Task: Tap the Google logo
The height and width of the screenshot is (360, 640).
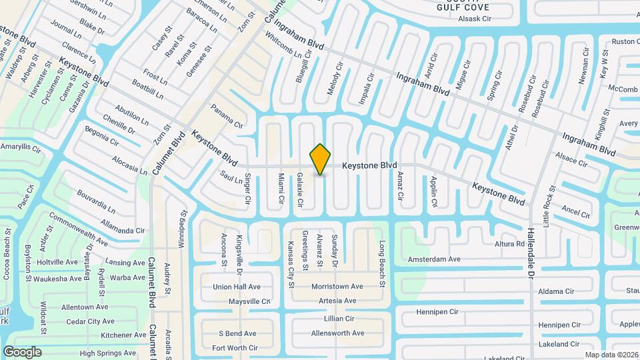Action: [22, 351]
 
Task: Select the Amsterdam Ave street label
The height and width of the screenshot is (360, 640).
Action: [434, 259]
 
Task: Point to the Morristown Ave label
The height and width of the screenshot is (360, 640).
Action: [337, 287]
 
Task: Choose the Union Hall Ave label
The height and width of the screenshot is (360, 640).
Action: [237, 287]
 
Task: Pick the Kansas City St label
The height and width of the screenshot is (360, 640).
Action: [291, 265]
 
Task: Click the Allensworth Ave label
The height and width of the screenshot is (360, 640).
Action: [338, 333]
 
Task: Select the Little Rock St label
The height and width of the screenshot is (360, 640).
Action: [549, 207]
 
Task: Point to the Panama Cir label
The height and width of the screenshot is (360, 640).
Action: [227, 116]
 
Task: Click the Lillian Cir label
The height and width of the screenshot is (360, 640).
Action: [339, 319]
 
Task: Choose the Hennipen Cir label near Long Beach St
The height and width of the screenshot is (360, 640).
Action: [437, 311]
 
